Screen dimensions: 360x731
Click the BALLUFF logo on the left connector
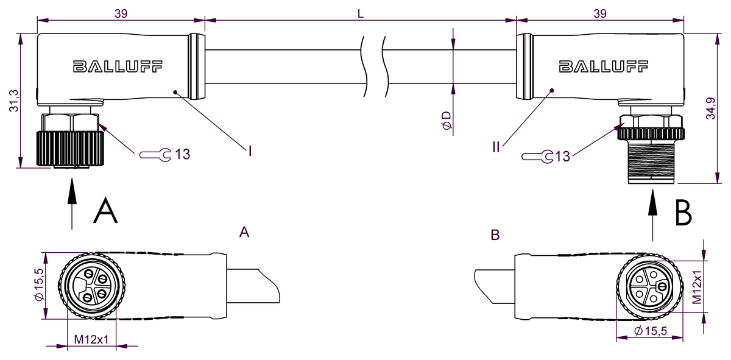118,66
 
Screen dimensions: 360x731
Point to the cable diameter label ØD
447,121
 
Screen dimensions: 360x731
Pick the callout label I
249,149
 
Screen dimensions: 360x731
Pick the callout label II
497,147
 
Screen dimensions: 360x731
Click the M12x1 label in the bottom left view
91,339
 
